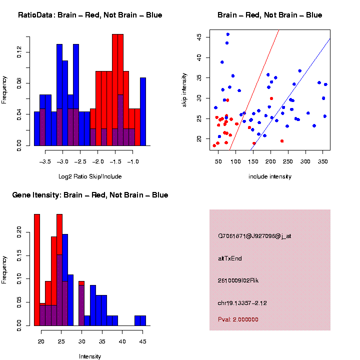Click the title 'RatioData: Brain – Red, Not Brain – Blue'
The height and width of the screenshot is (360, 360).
[90, 15]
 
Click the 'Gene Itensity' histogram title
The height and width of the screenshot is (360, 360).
[90, 195]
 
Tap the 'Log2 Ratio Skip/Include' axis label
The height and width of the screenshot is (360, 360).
[89, 176]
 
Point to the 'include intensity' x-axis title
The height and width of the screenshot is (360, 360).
[269, 176]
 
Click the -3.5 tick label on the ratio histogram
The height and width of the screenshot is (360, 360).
[45, 162]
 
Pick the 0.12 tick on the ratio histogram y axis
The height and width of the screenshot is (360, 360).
[19, 52]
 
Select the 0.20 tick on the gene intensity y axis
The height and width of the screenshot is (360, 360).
[19, 231]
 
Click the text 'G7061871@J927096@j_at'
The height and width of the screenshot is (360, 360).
[254, 236]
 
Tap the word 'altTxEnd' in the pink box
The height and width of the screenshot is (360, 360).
[230, 258]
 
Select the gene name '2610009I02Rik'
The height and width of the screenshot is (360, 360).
[238, 280]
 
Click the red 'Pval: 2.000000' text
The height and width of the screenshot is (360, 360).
[237, 319]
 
